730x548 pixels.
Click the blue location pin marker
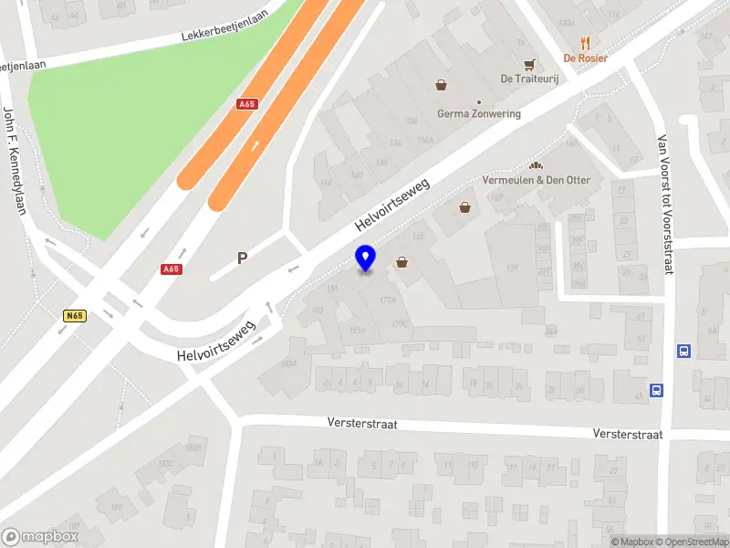(x=365, y=258)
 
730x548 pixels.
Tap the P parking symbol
(x=243, y=258)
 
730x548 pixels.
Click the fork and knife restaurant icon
(x=586, y=42)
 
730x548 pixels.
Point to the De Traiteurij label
(x=528, y=79)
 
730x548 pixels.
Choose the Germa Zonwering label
(x=479, y=114)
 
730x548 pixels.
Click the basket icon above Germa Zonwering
(x=442, y=85)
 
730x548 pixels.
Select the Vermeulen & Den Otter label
(x=537, y=180)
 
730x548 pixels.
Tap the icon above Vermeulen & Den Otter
(x=537, y=165)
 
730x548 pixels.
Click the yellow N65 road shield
(x=75, y=316)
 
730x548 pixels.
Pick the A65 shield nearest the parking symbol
(x=170, y=269)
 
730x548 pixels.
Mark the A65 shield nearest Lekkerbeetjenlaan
(x=246, y=104)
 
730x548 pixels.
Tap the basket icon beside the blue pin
(x=402, y=262)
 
